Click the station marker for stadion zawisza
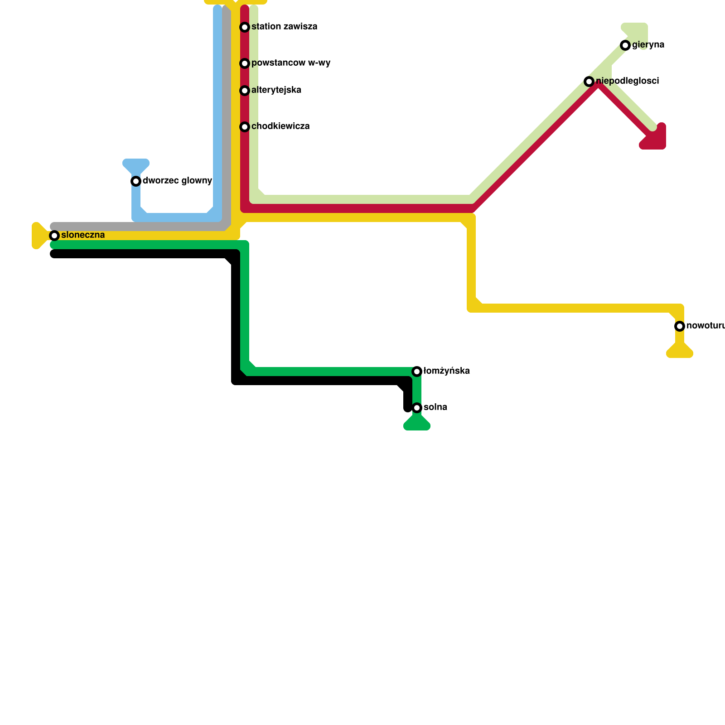[245, 27]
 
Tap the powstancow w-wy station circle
[245, 63]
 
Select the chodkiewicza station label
[280, 126]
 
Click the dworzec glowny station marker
[136, 181]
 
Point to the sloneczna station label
[83, 235]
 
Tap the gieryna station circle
[625, 45]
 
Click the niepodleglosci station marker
[589, 82]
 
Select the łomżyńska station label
[446, 371]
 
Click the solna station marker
[417, 408]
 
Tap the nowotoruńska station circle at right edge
[680, 326]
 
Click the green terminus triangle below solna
[417, 424]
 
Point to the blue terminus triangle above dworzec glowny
[136, 165]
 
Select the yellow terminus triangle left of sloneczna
[39, 236]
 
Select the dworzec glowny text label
[177, 181]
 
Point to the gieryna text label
[648, 45]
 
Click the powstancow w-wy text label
[291, 63]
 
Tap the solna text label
[435, 407]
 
